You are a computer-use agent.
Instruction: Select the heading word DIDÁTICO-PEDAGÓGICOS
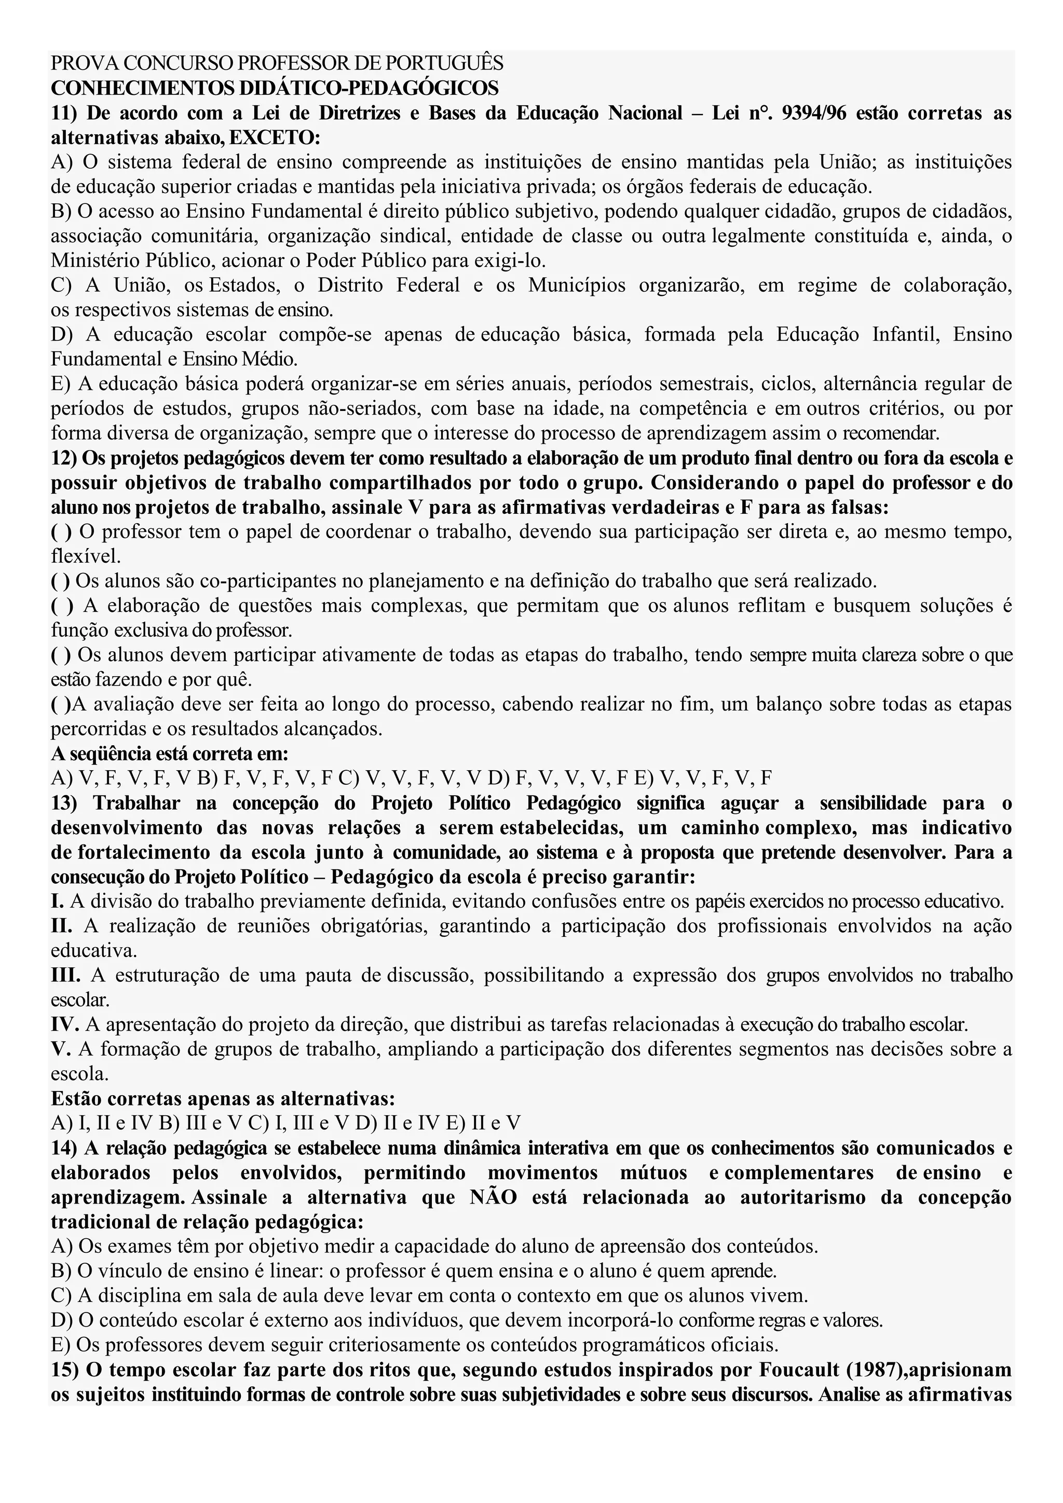coord(369,88)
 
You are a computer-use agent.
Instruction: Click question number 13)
coord(64,802)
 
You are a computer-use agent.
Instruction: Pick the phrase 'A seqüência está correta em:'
coord(170,754)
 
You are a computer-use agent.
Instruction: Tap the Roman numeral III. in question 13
coord(65,975)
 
